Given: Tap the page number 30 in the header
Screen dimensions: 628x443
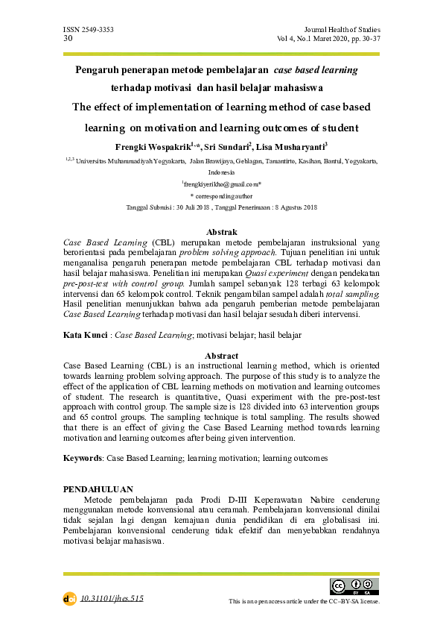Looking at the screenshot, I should [68, 37].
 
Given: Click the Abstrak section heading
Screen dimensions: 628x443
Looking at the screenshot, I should [221, 233].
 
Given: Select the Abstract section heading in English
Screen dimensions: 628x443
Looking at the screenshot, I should [221, 356].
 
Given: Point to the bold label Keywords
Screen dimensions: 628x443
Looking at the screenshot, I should [83, 457].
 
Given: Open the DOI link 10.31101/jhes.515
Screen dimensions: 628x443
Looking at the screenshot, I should [112, 598].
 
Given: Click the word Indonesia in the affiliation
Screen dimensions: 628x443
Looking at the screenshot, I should [221, 172].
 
